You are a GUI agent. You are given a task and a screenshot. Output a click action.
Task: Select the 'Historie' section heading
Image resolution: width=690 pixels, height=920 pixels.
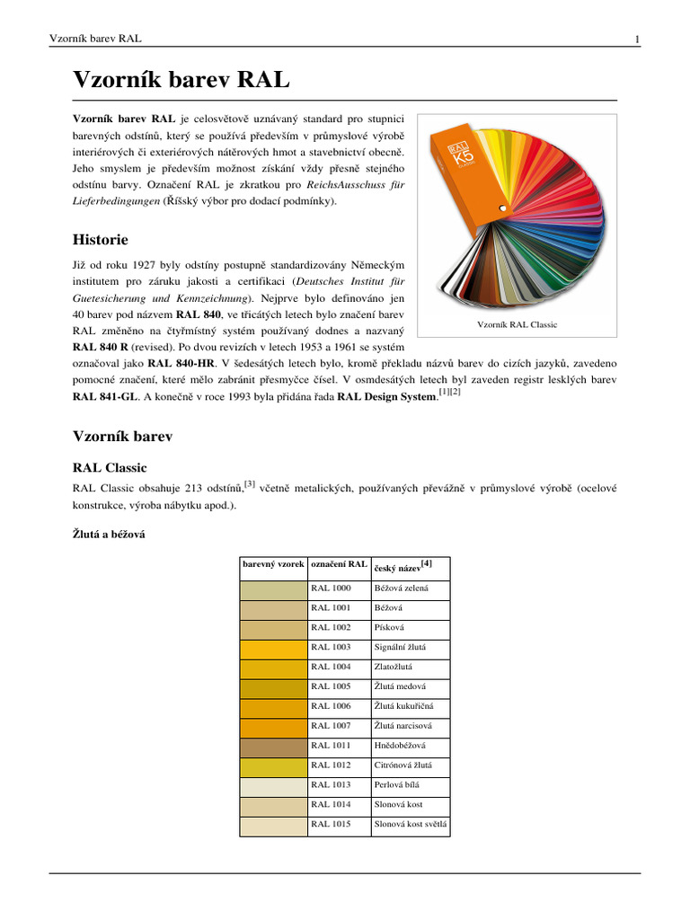click(x=100, y=239)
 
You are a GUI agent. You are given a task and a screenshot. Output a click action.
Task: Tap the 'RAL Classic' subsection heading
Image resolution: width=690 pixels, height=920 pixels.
click(x=109, y=467)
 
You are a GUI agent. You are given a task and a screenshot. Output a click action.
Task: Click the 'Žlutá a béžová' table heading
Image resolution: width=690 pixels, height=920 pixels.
click(x=109, y=534)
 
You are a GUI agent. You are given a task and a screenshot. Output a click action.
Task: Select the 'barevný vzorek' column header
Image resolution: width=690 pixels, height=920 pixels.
click(x=272, y=564)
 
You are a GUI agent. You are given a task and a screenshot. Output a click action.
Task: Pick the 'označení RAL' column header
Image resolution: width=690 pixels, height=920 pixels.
click(x=338, y=564)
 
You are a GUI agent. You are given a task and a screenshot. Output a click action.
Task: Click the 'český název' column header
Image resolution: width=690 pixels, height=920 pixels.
click(x=402, y=565)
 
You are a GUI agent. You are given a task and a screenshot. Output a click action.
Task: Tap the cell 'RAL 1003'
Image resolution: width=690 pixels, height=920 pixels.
click(x=331, y=647)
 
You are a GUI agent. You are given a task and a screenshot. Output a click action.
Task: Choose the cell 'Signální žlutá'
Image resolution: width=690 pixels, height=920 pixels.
click(x=400, y=647)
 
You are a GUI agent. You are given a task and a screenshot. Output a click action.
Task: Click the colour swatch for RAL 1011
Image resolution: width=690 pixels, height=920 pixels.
click(x=273, y=745)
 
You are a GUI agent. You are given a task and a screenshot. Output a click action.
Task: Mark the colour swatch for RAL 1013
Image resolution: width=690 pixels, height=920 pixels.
click(x=273, y=784)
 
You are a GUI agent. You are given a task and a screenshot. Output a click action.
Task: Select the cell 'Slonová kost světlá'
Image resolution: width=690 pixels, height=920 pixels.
click(x=410, y=824)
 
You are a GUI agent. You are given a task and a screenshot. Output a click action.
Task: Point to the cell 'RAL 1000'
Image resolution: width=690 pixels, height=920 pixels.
click(x=331, y=588)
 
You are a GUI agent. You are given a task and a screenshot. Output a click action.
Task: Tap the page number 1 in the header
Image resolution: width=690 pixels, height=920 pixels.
click(x=636, y=40)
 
